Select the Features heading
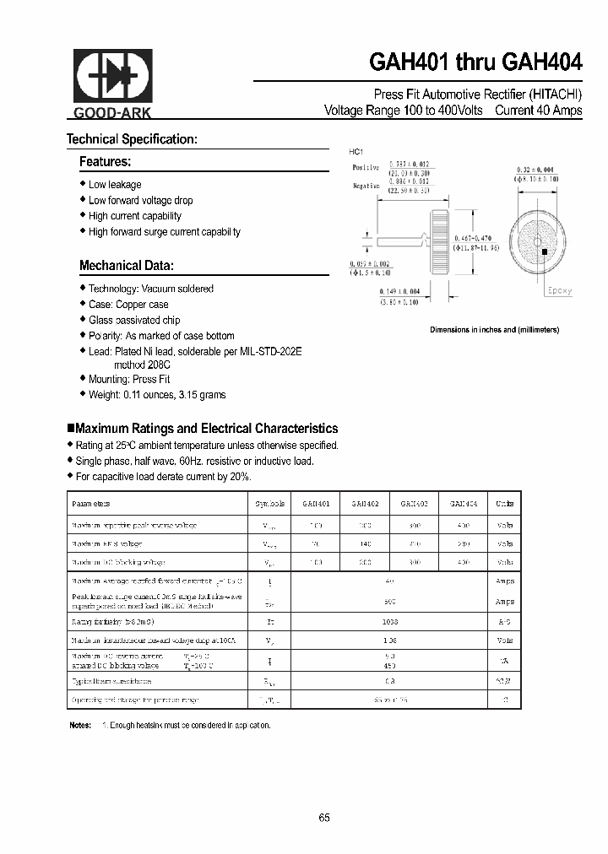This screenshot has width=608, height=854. (x=105, y=161)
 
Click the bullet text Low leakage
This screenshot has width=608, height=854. (x=115, y=185)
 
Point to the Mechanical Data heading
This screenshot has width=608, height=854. (x=127, y=266)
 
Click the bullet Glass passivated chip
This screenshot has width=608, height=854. (x=134, y=320)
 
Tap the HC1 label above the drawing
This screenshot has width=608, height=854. (x=356, y=151)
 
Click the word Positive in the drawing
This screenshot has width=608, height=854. (x=365, y=167)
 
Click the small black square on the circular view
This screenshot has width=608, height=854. (x=545, y=251)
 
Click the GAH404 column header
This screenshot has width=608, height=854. (x=463, y=503)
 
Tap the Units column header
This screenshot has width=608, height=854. (x=505, y=503)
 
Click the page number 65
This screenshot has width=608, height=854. (x=325, y=817)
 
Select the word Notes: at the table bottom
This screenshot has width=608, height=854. (x=79, y=725)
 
